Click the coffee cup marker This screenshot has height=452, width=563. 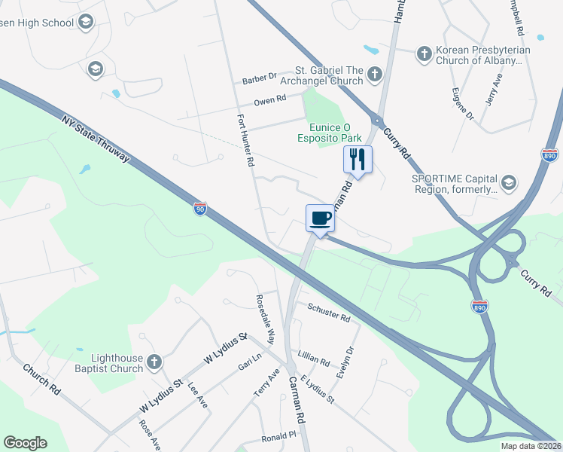coord(320,218)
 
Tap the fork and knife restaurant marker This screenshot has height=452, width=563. coord(358,159)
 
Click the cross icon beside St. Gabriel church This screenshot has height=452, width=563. coord(374,73)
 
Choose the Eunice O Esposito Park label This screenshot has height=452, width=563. coord(335,133)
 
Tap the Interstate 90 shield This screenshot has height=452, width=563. coord(199,209)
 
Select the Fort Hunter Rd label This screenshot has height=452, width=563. coord(245,141)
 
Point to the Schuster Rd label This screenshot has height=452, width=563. coord(329,313)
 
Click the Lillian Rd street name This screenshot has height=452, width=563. coord(314,358)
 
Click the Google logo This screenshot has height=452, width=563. coord(25,443)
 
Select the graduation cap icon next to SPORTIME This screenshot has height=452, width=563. coord(509,182)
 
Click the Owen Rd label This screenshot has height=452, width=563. coord(269,99)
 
